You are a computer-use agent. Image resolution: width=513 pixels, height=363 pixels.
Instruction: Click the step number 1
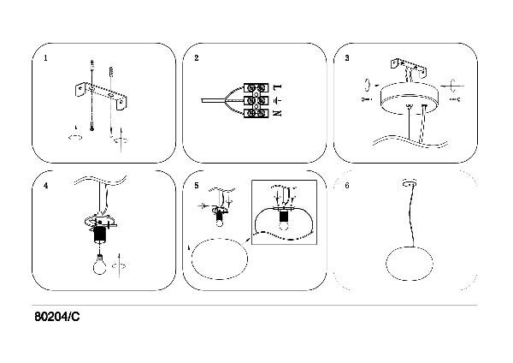click(x=45, y=58)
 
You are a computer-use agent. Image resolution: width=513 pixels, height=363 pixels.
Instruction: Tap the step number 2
click(x=197, y=58)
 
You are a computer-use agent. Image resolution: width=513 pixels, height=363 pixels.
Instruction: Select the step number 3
click(x=347, y=58)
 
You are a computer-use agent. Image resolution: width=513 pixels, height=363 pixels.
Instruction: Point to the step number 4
click(x=45, y=186)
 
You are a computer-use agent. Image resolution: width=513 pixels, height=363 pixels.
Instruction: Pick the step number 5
click(x=197, y=186)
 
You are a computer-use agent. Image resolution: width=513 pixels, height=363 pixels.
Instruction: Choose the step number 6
click(x=347, y=186)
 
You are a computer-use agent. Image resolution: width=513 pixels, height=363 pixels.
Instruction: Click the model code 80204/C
click(x=57, y=317)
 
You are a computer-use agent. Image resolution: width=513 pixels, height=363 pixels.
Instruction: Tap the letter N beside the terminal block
click(x=277, y=113)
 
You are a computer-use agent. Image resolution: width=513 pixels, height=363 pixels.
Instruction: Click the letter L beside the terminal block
click(x=277, y=86)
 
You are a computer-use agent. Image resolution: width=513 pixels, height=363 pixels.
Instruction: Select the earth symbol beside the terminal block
click(x=278, y=99)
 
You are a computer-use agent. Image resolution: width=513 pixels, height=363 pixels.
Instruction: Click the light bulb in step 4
click(x=99, y=265)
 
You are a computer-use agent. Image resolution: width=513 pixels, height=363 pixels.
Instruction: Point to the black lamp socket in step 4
click(x=100, y=235)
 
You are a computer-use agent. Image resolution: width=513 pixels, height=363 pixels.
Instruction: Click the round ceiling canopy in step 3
click(x=409, y=98)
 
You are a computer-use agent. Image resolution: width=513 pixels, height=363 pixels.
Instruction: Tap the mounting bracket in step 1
click(x=101, y=96)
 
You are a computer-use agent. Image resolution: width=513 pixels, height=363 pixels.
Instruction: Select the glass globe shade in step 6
click(x=410, y=264)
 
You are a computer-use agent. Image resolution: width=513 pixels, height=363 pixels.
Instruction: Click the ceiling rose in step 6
click(x=410, y=183)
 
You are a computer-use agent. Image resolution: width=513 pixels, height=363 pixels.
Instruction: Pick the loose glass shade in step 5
click(x=220, y=259)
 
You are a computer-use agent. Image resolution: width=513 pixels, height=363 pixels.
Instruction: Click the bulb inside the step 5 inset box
click(x=284, y=225)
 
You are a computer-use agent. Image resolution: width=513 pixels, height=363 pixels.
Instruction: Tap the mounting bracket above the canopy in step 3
click(x=409, y=67)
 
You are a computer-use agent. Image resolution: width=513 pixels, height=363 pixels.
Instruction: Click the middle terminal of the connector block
click(x=256, y=100)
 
